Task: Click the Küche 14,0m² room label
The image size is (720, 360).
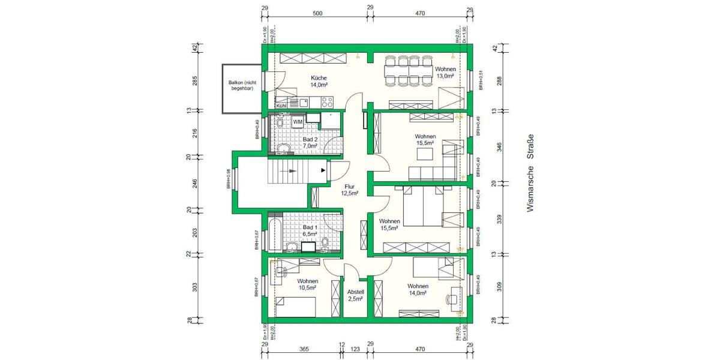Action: click(319, 82)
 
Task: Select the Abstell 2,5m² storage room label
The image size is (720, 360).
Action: click(355, 295)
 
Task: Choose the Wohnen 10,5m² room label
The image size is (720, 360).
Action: click(307, 284)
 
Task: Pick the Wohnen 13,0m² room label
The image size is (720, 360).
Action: click(446, 73)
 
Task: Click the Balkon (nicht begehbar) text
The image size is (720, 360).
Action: click(241, 85)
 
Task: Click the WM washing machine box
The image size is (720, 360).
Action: click(298, 122)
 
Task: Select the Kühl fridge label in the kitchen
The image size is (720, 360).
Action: click(281, 106)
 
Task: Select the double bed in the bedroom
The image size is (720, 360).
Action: click(423, 206)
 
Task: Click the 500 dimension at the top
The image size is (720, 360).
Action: click(317, 13)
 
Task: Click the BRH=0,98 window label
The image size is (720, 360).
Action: click(228, 179)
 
